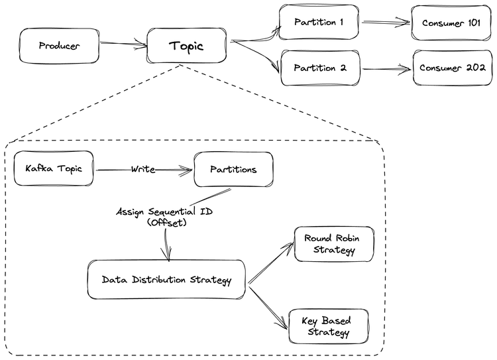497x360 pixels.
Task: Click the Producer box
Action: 59,46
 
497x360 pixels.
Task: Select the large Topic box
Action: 186,46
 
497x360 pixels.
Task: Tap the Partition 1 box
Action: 319,23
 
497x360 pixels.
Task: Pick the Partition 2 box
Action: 320,68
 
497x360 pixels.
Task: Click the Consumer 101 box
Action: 451,23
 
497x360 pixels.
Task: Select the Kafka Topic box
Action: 54,168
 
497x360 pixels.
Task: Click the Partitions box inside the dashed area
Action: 233,169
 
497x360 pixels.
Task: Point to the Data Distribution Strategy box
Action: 166,280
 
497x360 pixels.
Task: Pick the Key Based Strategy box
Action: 328,326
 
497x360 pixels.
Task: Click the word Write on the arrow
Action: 142,170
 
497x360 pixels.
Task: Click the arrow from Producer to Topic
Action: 123,45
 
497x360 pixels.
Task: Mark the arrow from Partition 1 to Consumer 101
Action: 386,23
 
